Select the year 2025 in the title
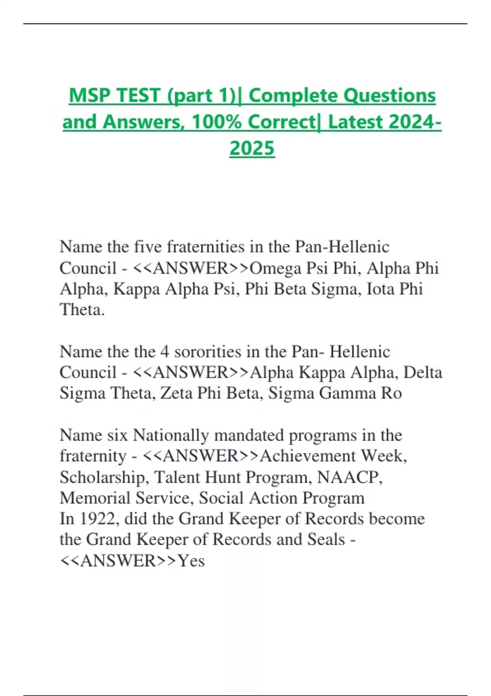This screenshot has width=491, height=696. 252,148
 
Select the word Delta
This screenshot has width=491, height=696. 423,373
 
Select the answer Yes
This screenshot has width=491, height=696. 191,560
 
